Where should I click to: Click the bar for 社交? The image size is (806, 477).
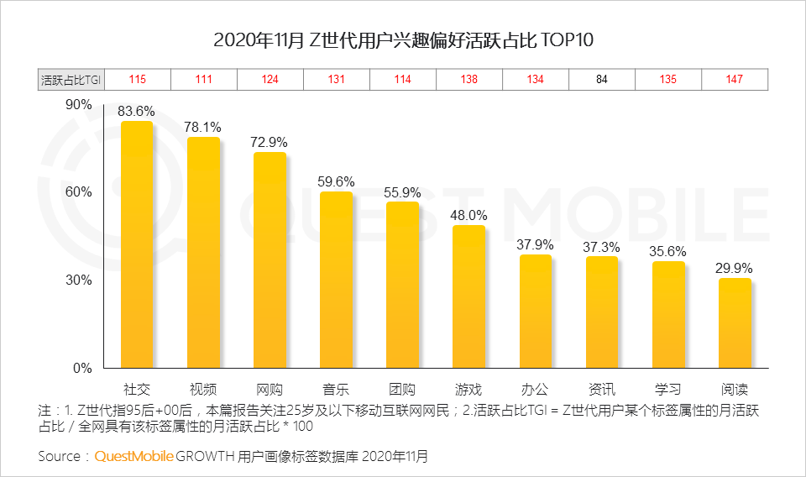(137, 244)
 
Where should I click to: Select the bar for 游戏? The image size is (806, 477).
(468, 296)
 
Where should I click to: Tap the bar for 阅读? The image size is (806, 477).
(735, 323)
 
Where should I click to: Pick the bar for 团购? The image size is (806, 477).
(402, 285)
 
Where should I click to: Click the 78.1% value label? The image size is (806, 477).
(203, 127)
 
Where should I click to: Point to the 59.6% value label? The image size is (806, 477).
(336, 181)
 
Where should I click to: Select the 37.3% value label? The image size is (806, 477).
(601, 246)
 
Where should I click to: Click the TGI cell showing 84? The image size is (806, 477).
(601, 80)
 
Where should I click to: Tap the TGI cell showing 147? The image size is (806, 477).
(734, 80)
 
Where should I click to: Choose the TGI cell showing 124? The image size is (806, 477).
(270, 80)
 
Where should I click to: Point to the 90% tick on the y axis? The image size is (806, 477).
(77, 104)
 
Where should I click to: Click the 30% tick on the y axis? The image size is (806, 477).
(77, 280)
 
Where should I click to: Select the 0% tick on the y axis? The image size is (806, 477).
(81, 368)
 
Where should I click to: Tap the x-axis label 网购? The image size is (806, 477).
(270, 390)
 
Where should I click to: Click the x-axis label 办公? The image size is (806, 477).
(535, 390)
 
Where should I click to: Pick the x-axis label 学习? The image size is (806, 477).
(667, 390)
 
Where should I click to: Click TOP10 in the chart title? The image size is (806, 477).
(567, 40)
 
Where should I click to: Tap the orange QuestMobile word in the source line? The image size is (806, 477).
(134, 456)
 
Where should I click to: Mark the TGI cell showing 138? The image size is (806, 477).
(468, 80)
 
